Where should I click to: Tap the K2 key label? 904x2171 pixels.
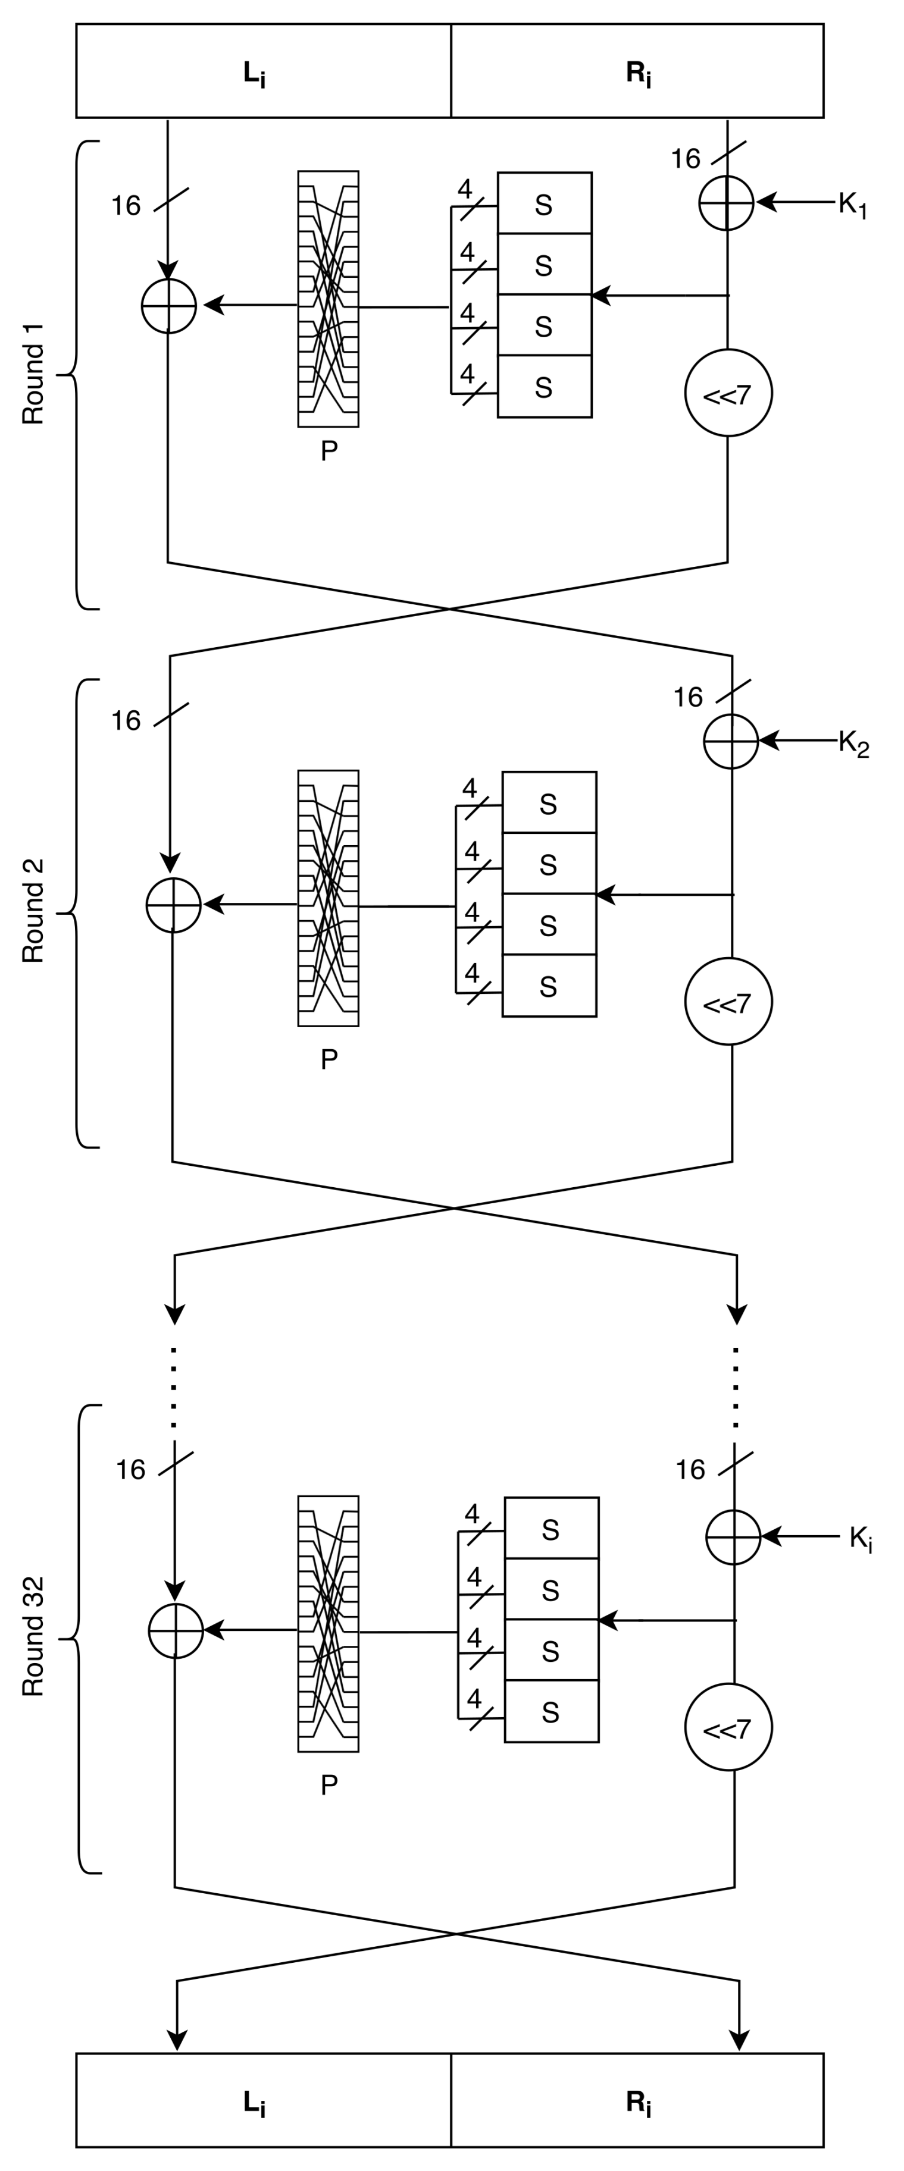853,744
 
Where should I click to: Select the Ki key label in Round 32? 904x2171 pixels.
860,1539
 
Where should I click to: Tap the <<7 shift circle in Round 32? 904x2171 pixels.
728,1728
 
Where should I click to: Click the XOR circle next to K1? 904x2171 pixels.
726,203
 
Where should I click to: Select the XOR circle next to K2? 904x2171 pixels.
730,742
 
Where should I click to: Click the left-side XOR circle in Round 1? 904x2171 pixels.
168,306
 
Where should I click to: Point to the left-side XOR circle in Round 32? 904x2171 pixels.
176,1631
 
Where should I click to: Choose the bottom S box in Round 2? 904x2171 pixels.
549,986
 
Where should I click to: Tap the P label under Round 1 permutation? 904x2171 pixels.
329,451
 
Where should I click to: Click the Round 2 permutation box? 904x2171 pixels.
328,898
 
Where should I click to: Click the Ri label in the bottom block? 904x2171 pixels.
639,2103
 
